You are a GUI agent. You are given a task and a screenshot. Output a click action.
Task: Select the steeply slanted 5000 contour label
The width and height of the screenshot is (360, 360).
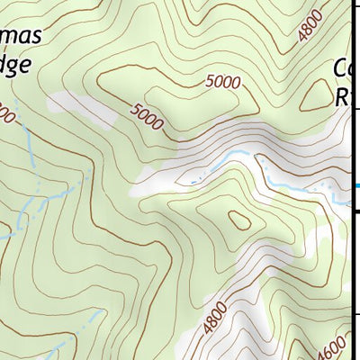(x=147, y=116)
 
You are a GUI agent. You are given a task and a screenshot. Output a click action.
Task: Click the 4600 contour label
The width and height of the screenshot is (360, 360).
(x=333, y=346)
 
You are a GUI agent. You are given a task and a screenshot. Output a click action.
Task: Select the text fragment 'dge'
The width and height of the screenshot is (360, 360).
(x=15, y=65)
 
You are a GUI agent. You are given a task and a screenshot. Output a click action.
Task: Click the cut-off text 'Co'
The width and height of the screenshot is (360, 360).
(x=342, y=68)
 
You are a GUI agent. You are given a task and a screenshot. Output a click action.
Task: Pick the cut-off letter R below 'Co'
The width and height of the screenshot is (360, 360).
(x=341, y=96)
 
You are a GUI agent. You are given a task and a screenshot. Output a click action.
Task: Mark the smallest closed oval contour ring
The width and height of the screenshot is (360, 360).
(x=240, y=219)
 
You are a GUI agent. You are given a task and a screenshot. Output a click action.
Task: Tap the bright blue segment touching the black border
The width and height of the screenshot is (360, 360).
(x=354, y=186)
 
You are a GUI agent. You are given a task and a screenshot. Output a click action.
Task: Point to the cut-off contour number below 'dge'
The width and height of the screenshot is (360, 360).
(x=4, y=114)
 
